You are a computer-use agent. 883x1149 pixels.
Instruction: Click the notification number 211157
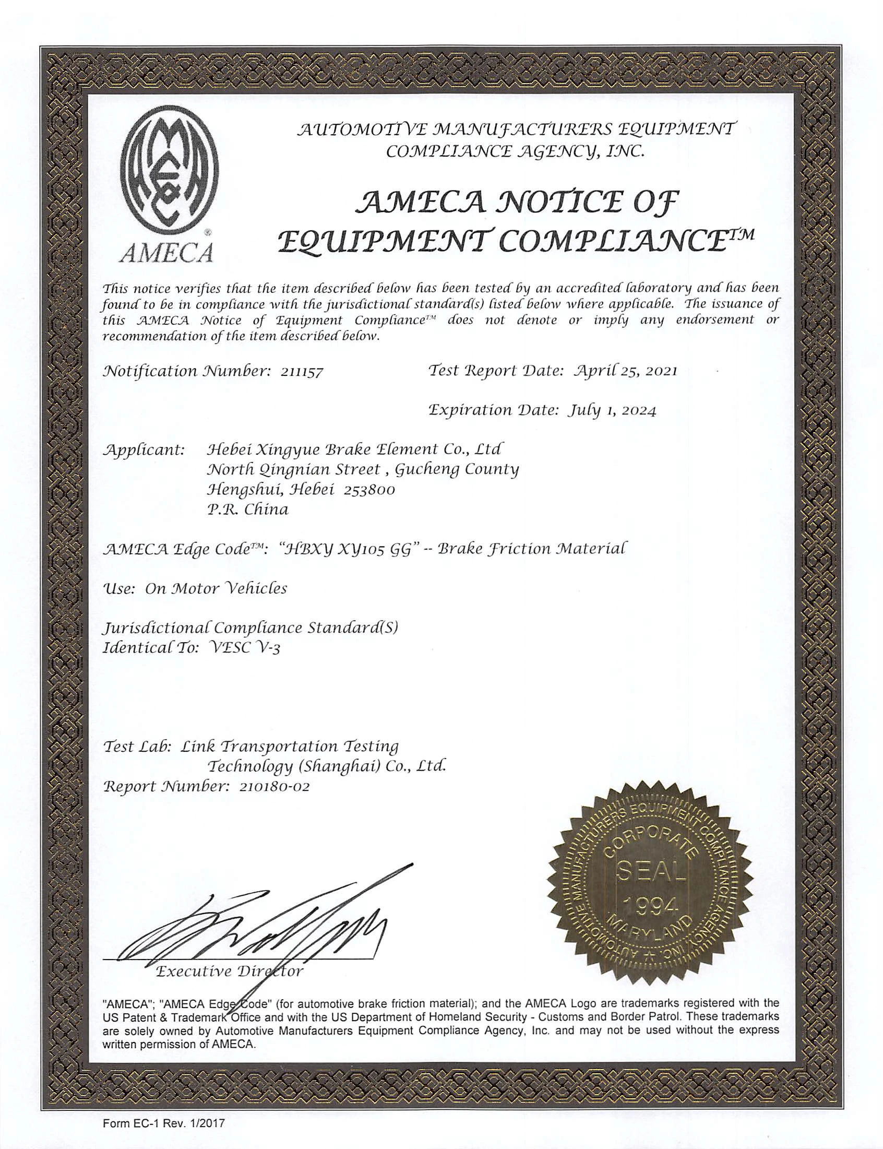pyautogui.click(x=298, y=372)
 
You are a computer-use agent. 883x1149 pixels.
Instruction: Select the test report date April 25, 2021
pyautogui.click(x=625, y=371)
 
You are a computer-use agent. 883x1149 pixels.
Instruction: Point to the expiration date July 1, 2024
pyautogui.click(x=611, y=410)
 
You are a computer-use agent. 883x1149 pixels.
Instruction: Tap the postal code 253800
pyautogui.click(x=369, y=490)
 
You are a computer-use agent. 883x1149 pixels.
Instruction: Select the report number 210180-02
pyautogui.click(x=274, y=787)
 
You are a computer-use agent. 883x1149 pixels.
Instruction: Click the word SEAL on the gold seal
pyautogui.click(x=651, y=871)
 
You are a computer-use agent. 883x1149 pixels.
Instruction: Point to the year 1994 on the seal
pyautogui.click(x=650, y=906)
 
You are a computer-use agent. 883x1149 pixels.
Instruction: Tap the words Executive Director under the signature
pyautogui.click(x=230, y=971)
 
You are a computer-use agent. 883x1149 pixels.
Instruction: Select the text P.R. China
pyautogui.click(x=247, y=510)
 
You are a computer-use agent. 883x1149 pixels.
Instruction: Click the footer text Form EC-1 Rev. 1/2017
pyautogui.click(x=163, y=1124)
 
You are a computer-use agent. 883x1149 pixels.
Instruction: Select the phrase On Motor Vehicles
pyautogui.click(x=216, y=588)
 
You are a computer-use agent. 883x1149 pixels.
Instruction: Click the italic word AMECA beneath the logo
pyautogui.click(x=166, y=254)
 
